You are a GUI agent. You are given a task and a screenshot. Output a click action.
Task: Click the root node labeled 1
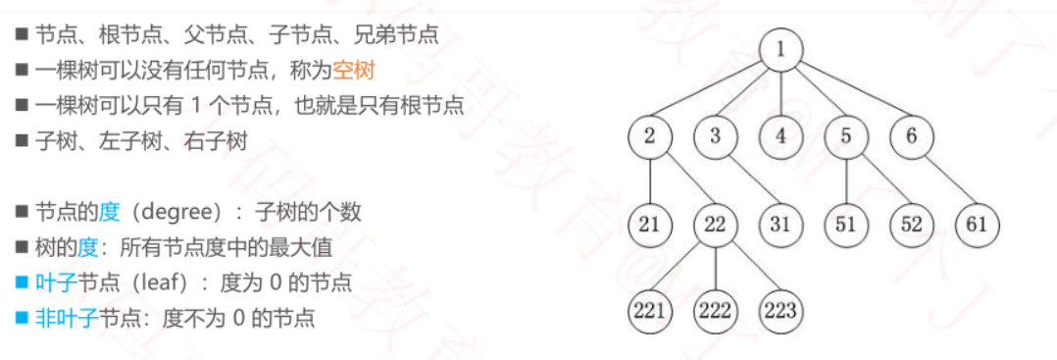coord(780,50)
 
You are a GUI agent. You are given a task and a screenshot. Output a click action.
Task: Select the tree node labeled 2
coord(650,136)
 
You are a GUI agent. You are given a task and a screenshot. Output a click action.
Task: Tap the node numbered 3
coord(716,136)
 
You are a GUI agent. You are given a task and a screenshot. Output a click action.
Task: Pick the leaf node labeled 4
coord(780,136)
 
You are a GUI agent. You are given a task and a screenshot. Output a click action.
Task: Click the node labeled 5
coord(846,136)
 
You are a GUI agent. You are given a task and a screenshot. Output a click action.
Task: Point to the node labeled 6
coord(912,136)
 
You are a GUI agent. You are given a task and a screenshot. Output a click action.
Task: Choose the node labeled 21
coord(650,224)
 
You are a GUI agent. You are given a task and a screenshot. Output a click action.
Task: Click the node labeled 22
coord(716,224)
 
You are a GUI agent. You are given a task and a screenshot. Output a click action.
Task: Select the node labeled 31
coord(780,224)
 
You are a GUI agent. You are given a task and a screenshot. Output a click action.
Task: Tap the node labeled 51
coord(846,224)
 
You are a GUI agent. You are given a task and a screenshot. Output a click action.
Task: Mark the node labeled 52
coord(912,224)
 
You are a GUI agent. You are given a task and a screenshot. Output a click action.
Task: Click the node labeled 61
coord(977,224)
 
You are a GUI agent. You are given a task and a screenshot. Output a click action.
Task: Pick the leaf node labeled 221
coord(650,311)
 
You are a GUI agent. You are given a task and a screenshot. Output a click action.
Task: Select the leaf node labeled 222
coord(716,311)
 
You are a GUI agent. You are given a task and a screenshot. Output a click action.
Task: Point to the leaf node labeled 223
coord(780,311)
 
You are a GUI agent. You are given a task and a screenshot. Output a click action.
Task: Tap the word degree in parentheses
coord(184,212)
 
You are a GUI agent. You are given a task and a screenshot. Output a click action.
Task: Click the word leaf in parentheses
coord(157,283)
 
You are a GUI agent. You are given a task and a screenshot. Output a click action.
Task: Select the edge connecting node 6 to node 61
coord(944,180)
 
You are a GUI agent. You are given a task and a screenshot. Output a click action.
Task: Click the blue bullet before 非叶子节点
coord(22,319)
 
